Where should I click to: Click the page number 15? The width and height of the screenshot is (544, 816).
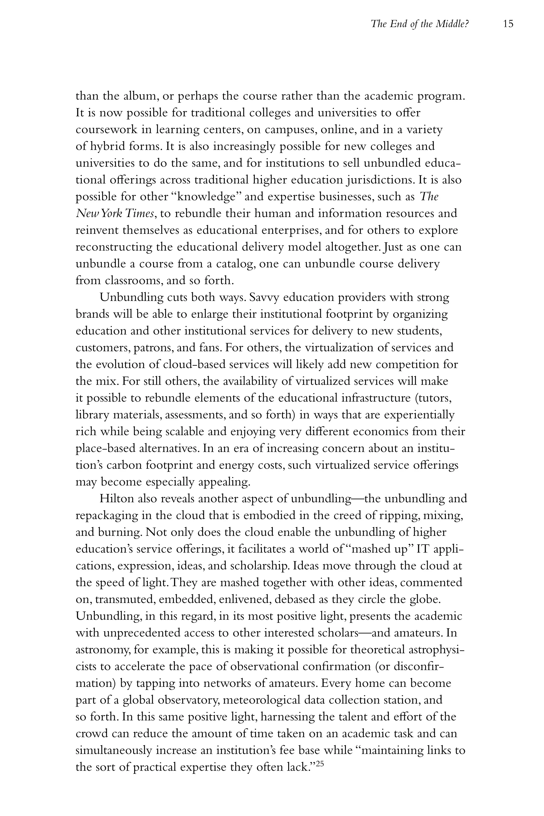pyautogui.click(x=508, y=24)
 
